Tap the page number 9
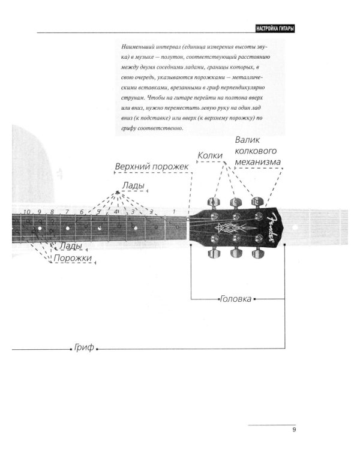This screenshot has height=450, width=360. coord(294,429)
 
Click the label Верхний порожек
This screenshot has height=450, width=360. coord(152,166)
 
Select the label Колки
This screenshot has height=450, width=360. coord(210,156)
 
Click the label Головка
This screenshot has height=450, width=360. coord(236,298)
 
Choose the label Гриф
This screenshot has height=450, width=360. coord(83,349)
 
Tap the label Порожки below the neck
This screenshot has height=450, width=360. coord(73,258)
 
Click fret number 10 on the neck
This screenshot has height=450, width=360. coord(26,212)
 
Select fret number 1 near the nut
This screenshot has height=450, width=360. coord(173,212)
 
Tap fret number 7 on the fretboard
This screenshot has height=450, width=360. coord(67,212)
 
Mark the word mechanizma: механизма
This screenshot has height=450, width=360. coord(259,161)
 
